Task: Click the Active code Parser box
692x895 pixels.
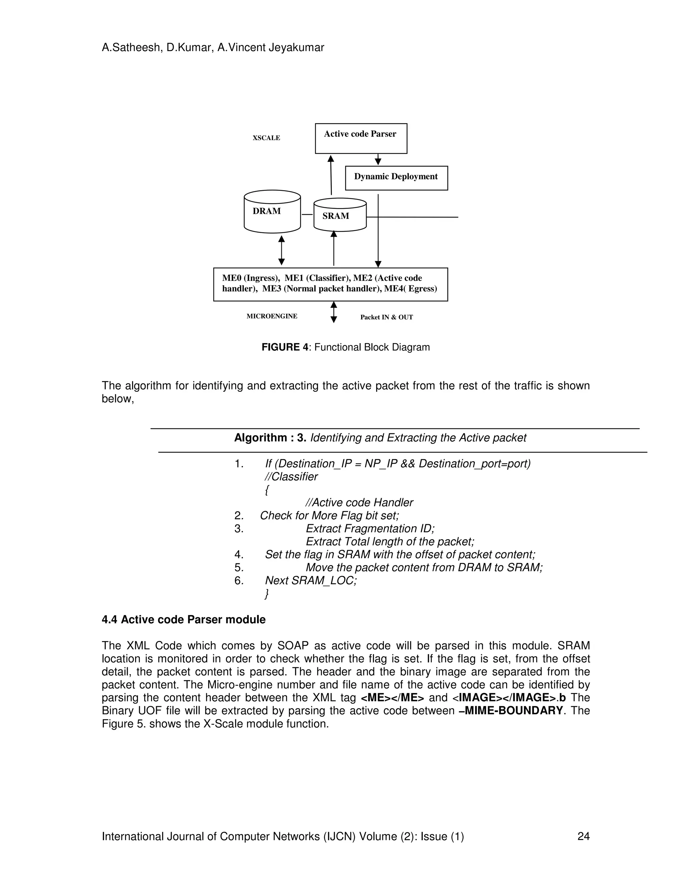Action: (x=361, y=138)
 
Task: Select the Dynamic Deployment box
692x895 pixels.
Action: (x=396, y=178)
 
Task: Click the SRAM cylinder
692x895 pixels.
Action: (x=340, y=215)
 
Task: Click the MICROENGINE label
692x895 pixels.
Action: (x=272, y=316)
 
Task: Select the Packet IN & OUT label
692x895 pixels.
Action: (x=386, y=317)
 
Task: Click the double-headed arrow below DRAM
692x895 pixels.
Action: (x=281, y=250)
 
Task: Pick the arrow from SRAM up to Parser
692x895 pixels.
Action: (x=331, y=175)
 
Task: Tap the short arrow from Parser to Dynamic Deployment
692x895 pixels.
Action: (x=378, y=160)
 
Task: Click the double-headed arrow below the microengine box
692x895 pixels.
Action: (x=334, y=312)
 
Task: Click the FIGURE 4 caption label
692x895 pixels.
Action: (x=285, y=348)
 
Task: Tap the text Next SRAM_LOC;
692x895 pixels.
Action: (x=311, y=581)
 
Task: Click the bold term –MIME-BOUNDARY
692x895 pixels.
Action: (x=511, y=711)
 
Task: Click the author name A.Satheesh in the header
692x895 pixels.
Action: (x=130, y=48)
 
